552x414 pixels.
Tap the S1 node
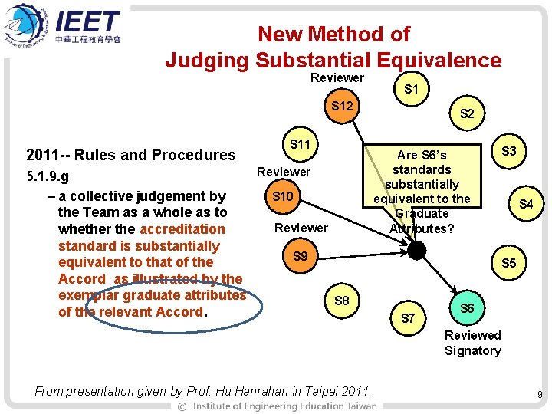(x=411, y=90)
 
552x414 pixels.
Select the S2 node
(x=466, y=114)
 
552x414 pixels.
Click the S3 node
(x=508, y=152)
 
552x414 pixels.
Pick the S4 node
(x=526, y=204)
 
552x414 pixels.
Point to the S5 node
(x=509, y=263)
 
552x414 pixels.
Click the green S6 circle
(x=466, y=307)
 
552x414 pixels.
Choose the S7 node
(x=409, y=318)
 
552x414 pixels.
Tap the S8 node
(x=342, y=301)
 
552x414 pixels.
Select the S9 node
(x=300, y=255)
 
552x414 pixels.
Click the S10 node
(x=283, y=197)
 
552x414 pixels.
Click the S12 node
(x=341, y=104)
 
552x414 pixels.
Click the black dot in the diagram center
(x=416, y=251)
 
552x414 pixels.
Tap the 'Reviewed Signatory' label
(x=472, y=343)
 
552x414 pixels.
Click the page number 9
(x=540, y=395)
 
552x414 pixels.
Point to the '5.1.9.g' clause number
(x=48, y=178)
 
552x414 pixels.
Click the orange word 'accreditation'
(x=182, y=228)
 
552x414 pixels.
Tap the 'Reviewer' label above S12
(x=337, y=77)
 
